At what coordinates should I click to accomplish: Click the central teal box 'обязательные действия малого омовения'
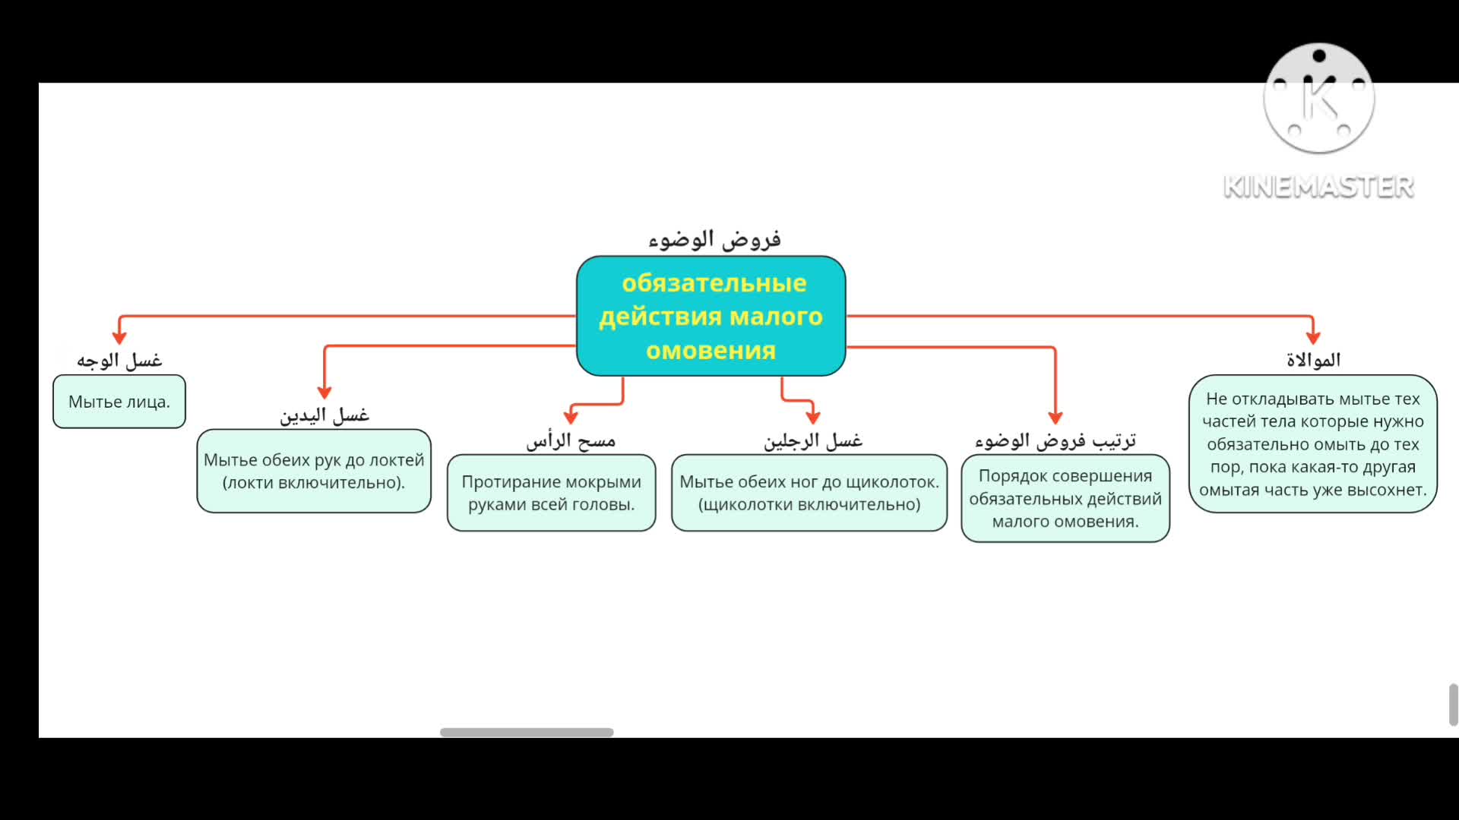click(x=711, y=316)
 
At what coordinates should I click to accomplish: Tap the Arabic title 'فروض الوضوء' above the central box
click(x=714, y=240)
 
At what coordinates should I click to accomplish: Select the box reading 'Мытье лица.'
click(x=119, y=402)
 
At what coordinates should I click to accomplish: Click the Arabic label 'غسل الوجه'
click(x=119, y=360)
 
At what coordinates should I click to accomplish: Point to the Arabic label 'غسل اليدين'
click(x=324, y=415)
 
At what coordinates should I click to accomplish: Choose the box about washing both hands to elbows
click(x=314, y=471)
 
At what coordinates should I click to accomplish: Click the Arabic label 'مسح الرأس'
click(x=571, y=440)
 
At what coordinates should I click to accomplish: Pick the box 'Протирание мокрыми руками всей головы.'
click(x=551, y=493)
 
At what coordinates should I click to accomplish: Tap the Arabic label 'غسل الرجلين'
click(x=812, y=440)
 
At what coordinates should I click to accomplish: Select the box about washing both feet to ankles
click(x=809, y=493)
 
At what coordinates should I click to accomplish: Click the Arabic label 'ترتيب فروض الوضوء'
click(x=1055, y=440)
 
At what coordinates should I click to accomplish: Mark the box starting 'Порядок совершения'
click(x=1065, y=498)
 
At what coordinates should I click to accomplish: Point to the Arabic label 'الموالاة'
click(x=1313, y=360)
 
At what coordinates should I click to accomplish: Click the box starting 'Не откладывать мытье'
click(x=1313, y=444)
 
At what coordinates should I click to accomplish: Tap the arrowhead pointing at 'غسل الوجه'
click(x=119, y=337)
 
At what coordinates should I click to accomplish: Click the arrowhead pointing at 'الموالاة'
click(x=1313, y=337)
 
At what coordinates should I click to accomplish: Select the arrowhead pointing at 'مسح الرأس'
click(x=571, y=417)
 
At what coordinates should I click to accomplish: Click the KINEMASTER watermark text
click(x=1318, y=187)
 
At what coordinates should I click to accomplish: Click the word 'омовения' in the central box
click(x=711, y=351)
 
